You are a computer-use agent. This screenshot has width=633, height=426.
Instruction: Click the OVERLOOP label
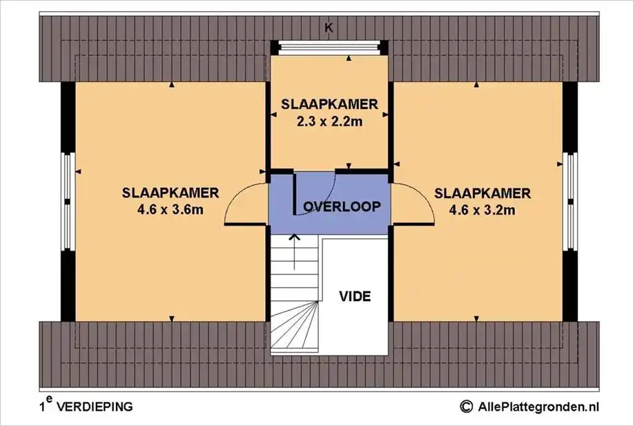coord(342,206)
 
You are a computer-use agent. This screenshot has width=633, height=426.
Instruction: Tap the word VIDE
coord(355,296)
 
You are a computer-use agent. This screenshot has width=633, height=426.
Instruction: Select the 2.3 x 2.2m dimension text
coord(329,121)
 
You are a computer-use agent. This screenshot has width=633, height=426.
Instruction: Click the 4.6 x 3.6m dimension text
coord(171,210)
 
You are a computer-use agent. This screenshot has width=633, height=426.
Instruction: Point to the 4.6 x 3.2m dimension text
coord(482,210)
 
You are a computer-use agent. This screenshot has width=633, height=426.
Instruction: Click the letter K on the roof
coord(329,28)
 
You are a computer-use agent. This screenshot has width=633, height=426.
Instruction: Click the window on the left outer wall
coord(68,202)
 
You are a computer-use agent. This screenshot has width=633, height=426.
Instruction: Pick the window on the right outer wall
coord(570,202)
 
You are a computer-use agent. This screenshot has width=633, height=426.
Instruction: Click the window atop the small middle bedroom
coord(329,47)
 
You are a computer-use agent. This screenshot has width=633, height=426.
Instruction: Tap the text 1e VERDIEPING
coord(86,405)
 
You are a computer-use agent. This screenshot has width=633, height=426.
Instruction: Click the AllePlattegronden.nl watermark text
coord(538,406)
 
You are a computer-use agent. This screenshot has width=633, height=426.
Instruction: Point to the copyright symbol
coord(466,407)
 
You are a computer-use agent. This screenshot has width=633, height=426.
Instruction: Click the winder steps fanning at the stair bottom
coord(295,327)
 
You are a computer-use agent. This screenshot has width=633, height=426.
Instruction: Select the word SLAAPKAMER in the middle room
coord(329,104)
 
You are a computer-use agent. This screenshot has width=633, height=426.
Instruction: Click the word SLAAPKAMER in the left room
coord(171,193)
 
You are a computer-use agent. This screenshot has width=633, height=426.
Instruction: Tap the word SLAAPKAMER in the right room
coord(483,193)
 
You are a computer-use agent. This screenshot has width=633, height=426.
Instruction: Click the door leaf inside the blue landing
coord(294,193)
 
